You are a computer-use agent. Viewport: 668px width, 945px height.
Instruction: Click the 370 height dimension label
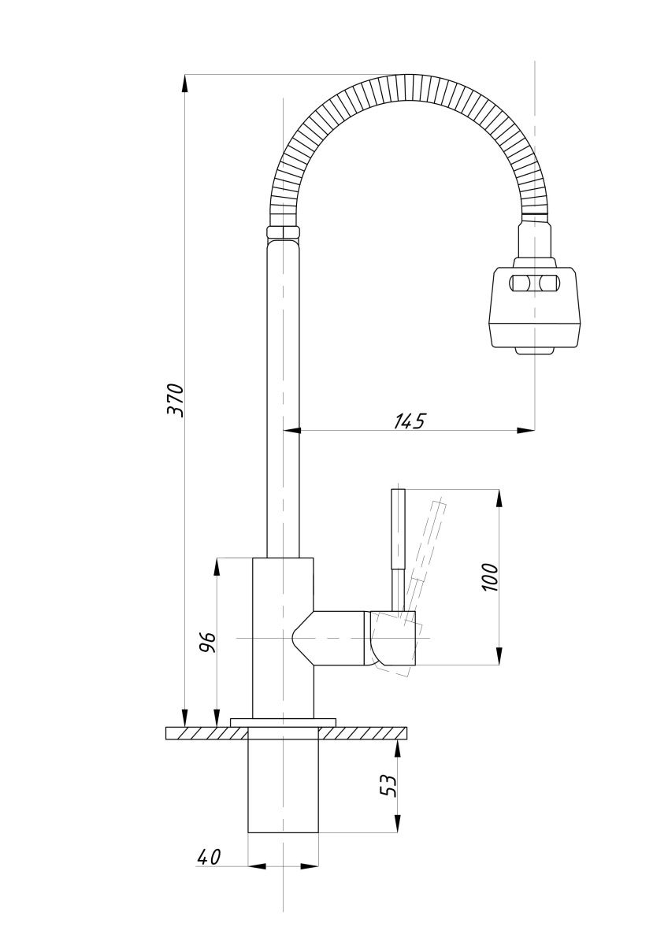tap(175, 400)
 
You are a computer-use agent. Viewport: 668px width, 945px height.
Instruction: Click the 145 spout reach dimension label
tap(410, 421)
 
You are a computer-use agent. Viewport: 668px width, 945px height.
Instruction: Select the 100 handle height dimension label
tap(489, 577)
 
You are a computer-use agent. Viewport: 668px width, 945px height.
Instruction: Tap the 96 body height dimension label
tap(208, 643)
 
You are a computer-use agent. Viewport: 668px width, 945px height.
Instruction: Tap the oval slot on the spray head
tap(534, 283)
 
